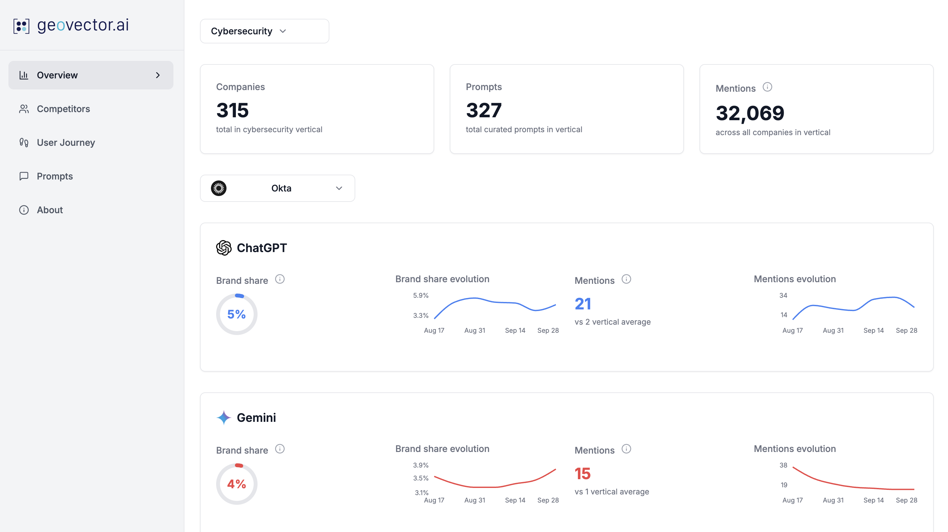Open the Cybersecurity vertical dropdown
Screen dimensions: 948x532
tap(264, 31)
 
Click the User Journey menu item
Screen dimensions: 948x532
tap(66, 143)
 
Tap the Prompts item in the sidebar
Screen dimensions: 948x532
tap(55, 176)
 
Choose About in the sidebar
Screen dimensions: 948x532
tap(50, 210)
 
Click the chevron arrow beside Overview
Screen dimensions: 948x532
tap(158, 75)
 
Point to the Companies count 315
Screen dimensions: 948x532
tap(233, 110)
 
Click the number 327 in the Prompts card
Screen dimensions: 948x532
tap(484, 110)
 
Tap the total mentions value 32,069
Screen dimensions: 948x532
tap(750, 113)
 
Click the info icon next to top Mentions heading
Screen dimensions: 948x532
tap(767, 87)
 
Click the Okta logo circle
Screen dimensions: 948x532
tap(219, 188)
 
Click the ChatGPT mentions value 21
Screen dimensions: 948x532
tap(583, 304)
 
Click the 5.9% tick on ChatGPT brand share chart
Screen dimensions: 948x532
tap(421, 295)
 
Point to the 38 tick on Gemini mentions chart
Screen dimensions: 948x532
tap(783, 465)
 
